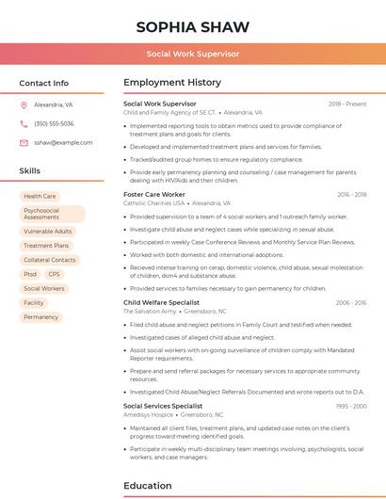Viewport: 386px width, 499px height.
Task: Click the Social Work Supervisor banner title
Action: pos(193,55)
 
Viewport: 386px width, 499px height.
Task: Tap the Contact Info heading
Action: pos(44,83)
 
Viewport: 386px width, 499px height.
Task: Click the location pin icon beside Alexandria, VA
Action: pos(24,105)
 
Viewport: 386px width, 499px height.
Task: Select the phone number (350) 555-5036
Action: pos(54,123)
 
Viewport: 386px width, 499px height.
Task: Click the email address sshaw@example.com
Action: pos(57,142)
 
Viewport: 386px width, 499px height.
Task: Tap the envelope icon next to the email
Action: pos(24,142)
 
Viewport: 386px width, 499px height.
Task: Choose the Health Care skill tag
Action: pos(40,196)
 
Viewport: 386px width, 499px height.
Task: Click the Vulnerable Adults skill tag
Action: pos(47,231)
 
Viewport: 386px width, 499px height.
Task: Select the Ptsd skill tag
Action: pos(30,274)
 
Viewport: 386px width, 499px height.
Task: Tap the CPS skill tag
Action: pos(54,274)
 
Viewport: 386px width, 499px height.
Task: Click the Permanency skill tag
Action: pos(40,317)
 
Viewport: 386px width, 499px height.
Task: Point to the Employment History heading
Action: pos(172,83)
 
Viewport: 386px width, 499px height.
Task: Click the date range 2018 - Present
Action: pos(347,104)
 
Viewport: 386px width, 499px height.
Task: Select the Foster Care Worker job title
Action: pos(154,194)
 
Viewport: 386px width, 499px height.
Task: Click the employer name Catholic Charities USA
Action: pos(153,202)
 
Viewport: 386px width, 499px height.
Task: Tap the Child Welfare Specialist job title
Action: pos(161,302)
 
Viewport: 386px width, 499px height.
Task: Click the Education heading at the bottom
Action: pos(148,486)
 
